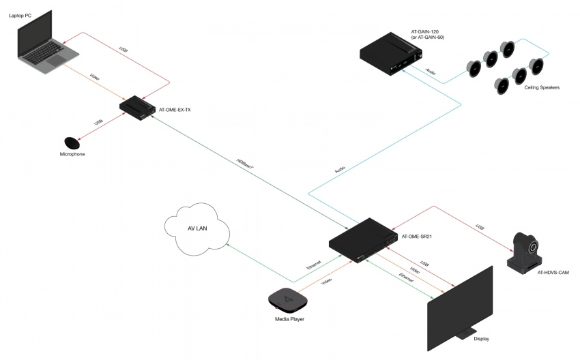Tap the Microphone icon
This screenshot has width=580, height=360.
click(72, 143)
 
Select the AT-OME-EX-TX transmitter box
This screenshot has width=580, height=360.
click(136, 108)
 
